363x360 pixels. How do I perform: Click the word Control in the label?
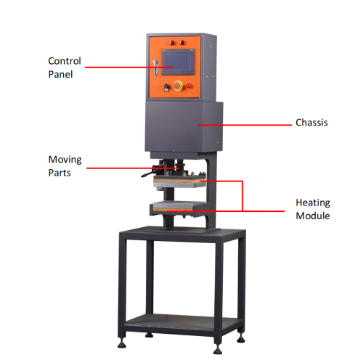(x=65, y=61)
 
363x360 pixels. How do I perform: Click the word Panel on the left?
(x=60, y=74)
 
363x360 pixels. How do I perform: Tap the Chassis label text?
(x=311, y=123)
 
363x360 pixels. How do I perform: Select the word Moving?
(x=65, y=160)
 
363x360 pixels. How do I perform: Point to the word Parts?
(x=60, y=173)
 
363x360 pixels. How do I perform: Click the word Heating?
(x=313, y=202)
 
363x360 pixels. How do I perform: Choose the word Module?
(x=313, y=216)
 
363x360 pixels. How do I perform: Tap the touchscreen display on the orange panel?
(x=179, y=62)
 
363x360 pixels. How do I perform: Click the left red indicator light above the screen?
(x=172, y=43)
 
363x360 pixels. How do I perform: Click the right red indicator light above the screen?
(x=182, y=43)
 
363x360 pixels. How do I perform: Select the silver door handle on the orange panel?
(x=155, y=68)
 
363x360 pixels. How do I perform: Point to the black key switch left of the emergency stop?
(x=166, y=87)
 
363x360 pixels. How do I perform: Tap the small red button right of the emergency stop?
(x=189, y=86)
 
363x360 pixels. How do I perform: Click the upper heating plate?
(x=179, y=182)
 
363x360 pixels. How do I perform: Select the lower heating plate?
(x=178, y=206)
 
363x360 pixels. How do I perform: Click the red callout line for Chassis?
(x=245, y=125)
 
